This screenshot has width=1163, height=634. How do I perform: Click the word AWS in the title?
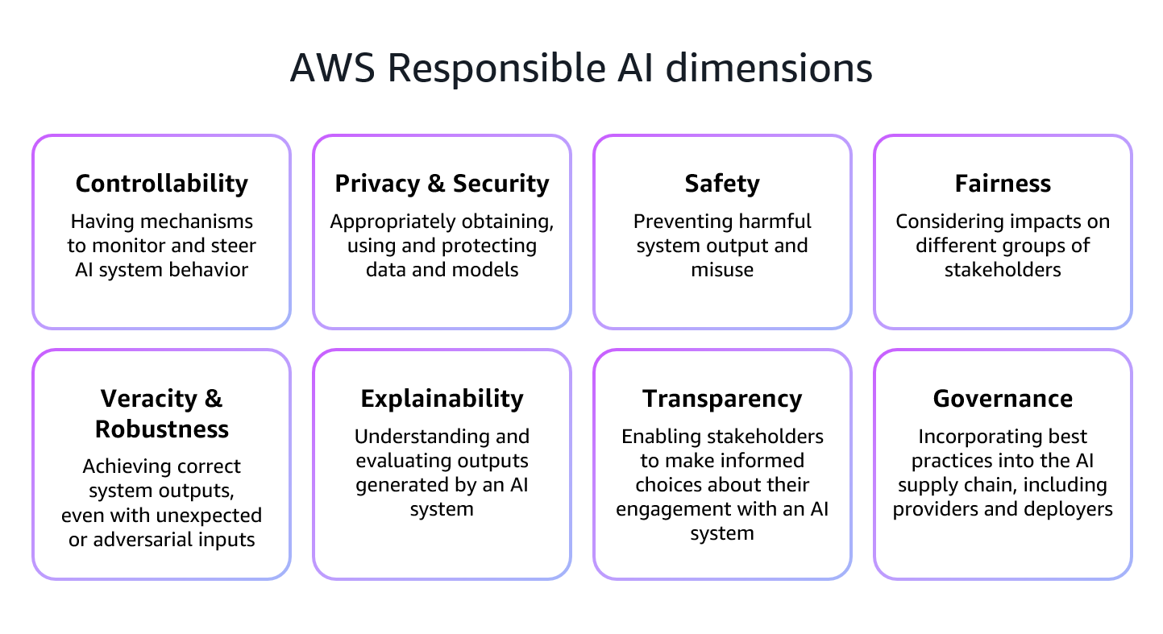click(x=332, y=68)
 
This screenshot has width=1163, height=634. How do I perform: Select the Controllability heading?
click(x=161, y=184)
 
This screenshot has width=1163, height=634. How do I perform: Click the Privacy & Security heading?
click(x=442, y=184)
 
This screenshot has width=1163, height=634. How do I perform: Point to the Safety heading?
click(x=722, y=184)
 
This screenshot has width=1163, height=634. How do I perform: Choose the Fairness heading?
click(x=1003, y=184)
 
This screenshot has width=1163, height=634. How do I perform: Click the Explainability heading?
click(x=442, y=399)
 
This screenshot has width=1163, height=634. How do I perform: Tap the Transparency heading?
click(x=722, y=399)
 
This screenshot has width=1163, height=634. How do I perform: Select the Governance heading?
click(x=1003, y=399)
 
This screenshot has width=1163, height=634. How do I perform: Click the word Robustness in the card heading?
click(x=161, y=429)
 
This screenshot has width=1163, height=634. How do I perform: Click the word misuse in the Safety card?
click(x=722, y=270)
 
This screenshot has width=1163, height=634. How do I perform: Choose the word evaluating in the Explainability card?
click(x=403, y=461)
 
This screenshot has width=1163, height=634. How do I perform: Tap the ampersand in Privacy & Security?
click(x=436, y=184)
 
